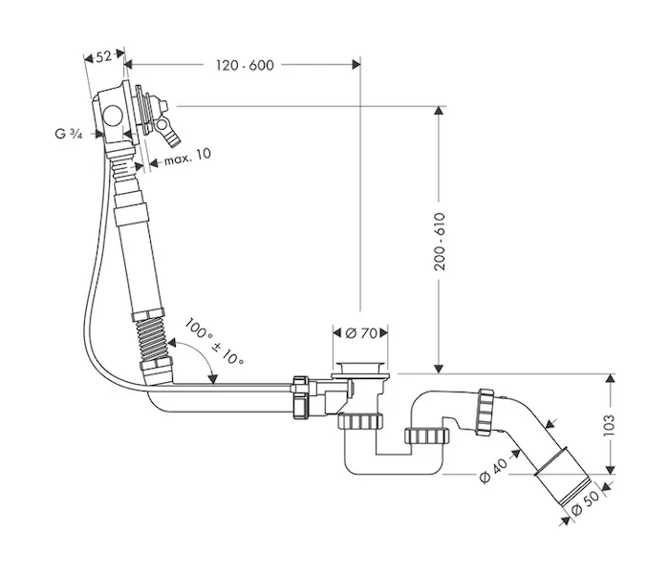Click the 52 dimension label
click(x=103, y=56)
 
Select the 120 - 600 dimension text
click(x=245, y=65)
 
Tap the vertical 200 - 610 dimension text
click(x=439, y=242)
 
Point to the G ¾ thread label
click(x=68, y=134)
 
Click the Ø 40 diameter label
click(x=493, y=471)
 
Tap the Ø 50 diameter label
click(x=585, y=503)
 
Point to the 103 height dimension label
click(x=609, y=425)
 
